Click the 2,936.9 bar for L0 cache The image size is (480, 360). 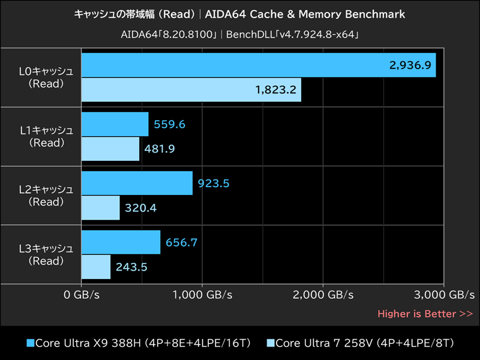point(258,65)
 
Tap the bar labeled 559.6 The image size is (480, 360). point(115,124)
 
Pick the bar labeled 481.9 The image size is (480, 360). point(110,149)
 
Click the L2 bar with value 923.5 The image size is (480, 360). point(137,183)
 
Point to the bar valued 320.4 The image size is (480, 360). point(100,208)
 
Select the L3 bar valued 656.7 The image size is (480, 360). point(121,242)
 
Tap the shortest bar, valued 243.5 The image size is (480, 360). point(95,267)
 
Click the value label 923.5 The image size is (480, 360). point(214,184)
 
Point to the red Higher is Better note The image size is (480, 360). point(425,313)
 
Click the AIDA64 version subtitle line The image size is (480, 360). point(240,34)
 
